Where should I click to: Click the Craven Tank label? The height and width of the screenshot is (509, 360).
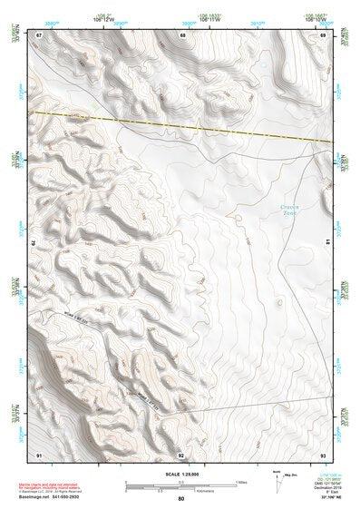pyautogui.click(x=289, y=210)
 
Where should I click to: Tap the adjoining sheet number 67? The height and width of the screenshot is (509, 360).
pyautogui.click(x=40, y=35)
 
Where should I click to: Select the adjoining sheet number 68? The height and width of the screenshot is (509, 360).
pyautogui.click(x=182, y=35)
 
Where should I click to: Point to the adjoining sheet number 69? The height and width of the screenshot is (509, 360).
pyautogui.click(x=322, y=35)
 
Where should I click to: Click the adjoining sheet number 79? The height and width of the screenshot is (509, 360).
pyautogui.click(x=34, y=243)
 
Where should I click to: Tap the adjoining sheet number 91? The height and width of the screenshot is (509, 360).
pyautogui.click(x=39, y=454)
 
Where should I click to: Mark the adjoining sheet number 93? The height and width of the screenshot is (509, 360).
pyautogui.click(x=323, y=454)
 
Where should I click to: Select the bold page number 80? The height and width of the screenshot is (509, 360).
pyautogui.click(x=181, y=499)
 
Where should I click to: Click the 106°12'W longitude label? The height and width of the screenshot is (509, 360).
pyautogui.click(x=103, y=19)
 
